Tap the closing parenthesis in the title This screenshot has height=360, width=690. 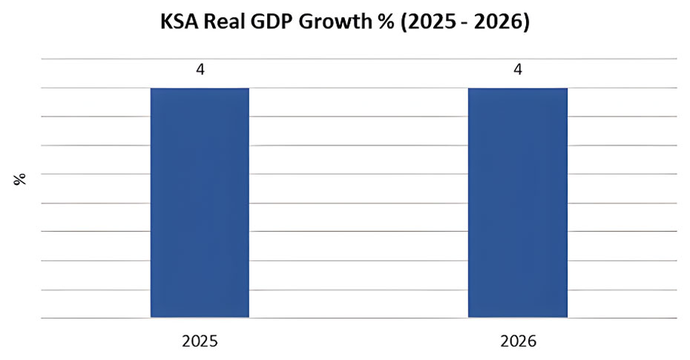(526, 23)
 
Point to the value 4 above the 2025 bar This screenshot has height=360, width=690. (200, 71)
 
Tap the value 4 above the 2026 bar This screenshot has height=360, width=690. (518, 71)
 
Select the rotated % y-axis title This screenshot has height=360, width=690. (20, 178)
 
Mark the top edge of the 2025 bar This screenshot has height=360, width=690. (200, 88)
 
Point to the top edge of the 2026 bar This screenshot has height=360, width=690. (517, 88)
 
